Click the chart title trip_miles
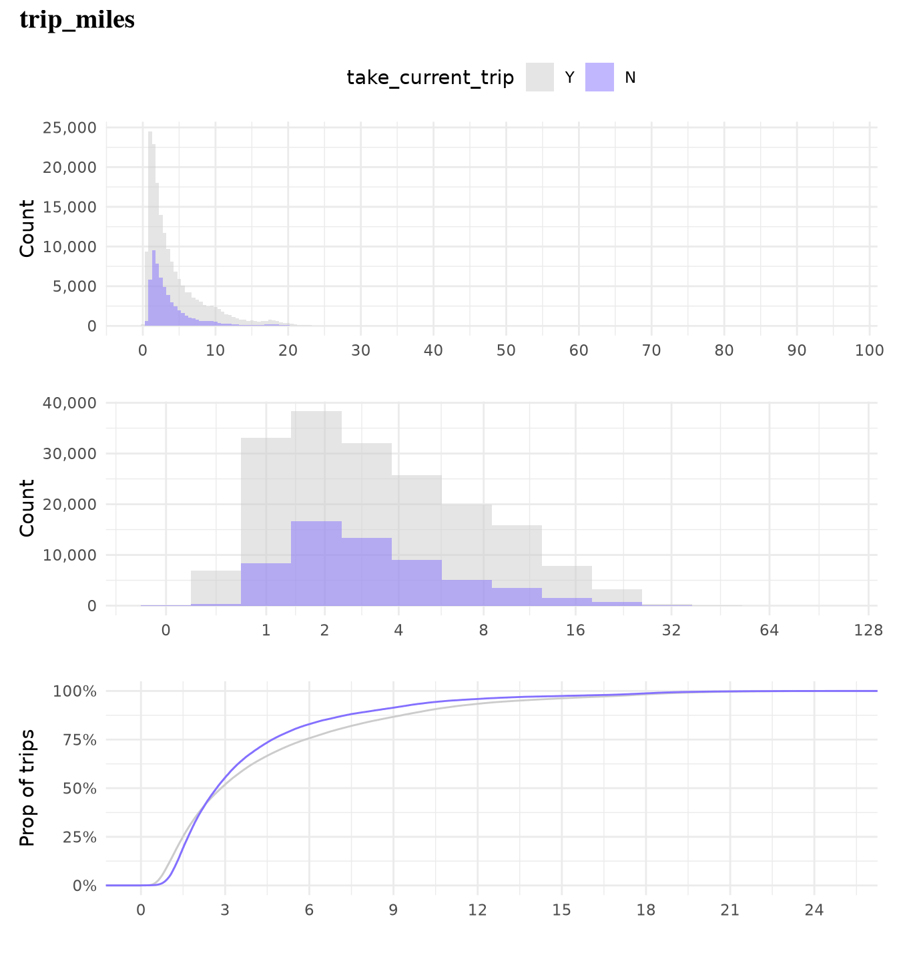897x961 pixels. (77, 20)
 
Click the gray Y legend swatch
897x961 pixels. (539, 77)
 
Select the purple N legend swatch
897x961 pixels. (599, 77)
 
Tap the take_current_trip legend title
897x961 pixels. (430, 78)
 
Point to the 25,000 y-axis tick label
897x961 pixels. (69, 127)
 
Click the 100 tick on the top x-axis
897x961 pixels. (869, 350)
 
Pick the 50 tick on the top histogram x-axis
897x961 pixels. (506, 350)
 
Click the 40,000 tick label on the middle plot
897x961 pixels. (69, 403)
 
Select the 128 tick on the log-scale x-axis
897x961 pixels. (868, 630)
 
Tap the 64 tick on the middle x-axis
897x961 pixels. (770, 630)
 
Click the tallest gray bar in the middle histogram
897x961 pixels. (316, 507)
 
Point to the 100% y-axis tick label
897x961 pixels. (75, 691)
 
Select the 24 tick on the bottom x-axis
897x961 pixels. (814, 910)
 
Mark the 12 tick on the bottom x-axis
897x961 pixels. (477, 910)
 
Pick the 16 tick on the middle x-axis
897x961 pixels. (575, 630)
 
